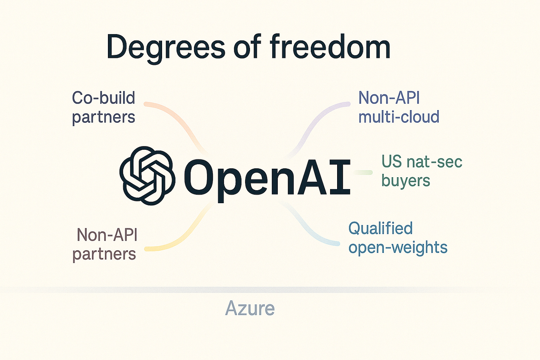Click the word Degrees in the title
pyautogui.click(x=165, y=47)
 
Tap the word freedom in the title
pyautogui.click(x=330, y=47)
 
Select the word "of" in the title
pyautogui.click(x=247, y=47)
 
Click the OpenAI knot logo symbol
pyautogui.click(x=147, y=175)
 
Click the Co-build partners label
pyautogui.click(x=103, y=108)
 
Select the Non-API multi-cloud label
pyautogui.click(x=399, y=108)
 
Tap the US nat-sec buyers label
pyautogui.click(x=422, y=171)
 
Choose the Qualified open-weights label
pyautogui.click(x=398, y=238)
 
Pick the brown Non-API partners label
pyautogui.click(x=105, y=244)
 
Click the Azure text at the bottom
pyautogui.click(x=250, y=308)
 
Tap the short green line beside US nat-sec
pyautogui.click(x=363, y=172)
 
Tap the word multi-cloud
pyautogui.click(x=399, y=117)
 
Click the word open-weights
pyautogui.click(x=398, y=247)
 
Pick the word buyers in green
pyautogui.click(x=406, y=181)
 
